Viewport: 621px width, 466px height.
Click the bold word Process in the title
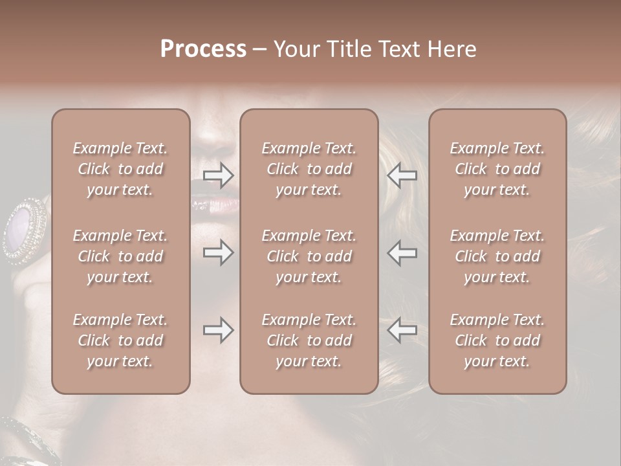(x=203, y=49)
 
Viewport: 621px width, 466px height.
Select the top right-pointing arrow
(x=219, y=175)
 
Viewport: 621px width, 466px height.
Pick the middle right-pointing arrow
(x=219, y=252)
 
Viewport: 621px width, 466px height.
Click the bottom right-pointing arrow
(x=219, y=330)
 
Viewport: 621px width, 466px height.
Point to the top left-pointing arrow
(x=402, y=175)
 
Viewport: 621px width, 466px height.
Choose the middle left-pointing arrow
(x=402, y=252)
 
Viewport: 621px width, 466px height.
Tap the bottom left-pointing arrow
(x=402, y=330)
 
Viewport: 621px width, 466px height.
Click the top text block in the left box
(x=120, y=169)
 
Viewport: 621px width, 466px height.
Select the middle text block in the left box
(x=120, y=256)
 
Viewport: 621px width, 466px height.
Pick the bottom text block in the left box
(x=120, y=340)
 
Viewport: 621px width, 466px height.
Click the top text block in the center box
(x=309, y=169)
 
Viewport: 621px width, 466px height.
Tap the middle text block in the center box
(x=309, y=256)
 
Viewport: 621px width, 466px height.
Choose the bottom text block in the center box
(x=309, y=340)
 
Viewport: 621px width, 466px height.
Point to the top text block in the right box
(x=497, y=169)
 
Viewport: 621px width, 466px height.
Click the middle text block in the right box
(x=497, y=256)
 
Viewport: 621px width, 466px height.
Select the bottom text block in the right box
(x=497, y=340)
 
